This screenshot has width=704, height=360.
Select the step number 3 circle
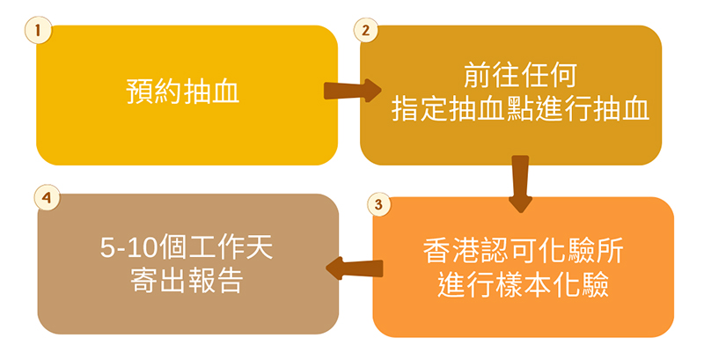(x=377, y=204)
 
